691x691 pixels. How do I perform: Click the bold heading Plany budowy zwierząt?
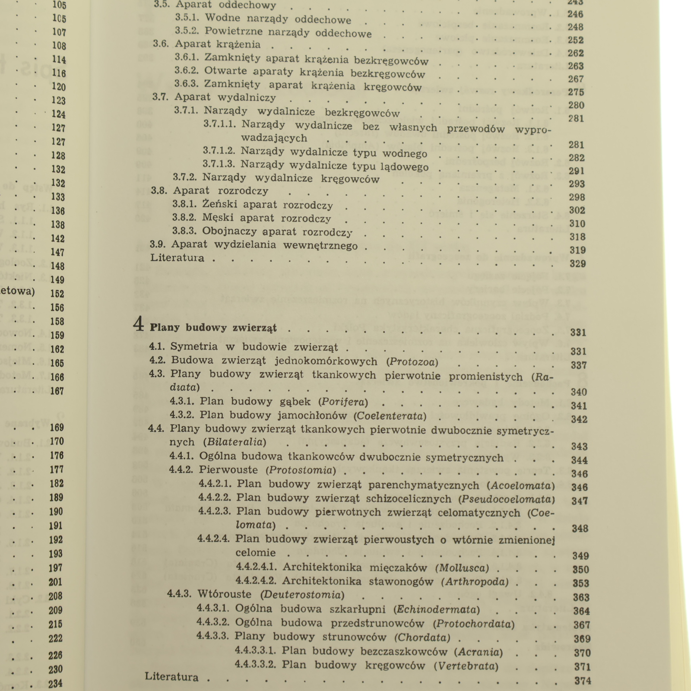tap(213, 328)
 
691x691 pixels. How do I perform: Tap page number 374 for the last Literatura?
tap(583, 681)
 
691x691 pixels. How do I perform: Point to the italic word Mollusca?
tap(463, 568)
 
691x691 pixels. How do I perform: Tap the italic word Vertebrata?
tap(466, 666)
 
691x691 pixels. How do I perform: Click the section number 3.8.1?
tap(184, 204)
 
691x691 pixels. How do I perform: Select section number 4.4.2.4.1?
tap(256, 567)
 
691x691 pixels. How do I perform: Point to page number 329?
tap(577, 264)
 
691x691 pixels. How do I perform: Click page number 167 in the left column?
tap(57, 391)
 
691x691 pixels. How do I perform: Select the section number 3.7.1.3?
tap(219, 165)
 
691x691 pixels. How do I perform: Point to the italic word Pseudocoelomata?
tap(507, 500)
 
